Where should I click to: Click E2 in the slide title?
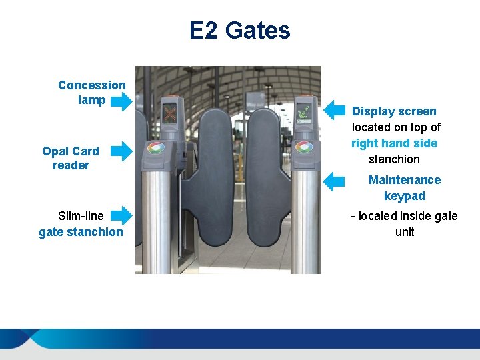[204, 31]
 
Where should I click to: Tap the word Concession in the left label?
[91, 85]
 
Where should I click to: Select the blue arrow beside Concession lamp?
[121, 101]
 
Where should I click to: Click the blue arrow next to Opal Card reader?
[121, 151]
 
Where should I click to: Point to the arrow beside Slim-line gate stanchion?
[121, 215]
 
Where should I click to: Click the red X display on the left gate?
[170, 114]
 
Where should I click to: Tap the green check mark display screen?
[304, 113]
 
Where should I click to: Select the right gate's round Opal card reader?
[305, 147]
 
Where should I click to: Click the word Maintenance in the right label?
[405, 180]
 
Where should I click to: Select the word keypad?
[405, 196]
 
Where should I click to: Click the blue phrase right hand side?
[394, 143]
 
